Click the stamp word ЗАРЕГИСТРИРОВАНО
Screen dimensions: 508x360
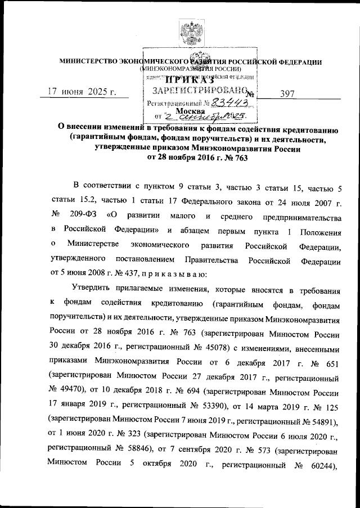[197, 92]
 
